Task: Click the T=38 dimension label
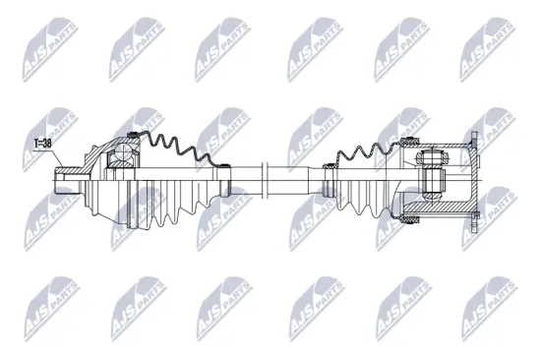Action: pyautogui.click(x=43, y=144)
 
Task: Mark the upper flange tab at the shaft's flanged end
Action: pyautogui.click(x=474, y=142)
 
